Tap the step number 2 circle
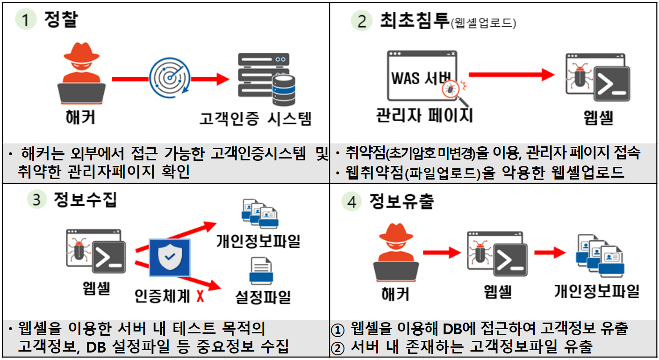click(x=361, y=22)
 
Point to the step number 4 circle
click(x=351, y=202)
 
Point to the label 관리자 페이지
click(x=424, y=115)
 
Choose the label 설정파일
click(x=263, y=296)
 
